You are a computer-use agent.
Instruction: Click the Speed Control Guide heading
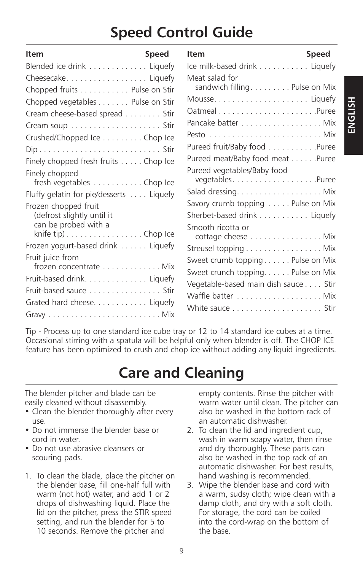pyautogui.click(x=181, y=33)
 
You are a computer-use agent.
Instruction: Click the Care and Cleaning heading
pyautogui.click(x=181, y=373)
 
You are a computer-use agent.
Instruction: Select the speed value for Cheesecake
pyautogui.click(x=162, y=78)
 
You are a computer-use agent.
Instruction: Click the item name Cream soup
pyautogui.click(x=46, y=126)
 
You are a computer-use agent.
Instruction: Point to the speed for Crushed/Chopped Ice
pyautogui.click(x=159, y=138)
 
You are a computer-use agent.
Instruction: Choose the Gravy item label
pyautogui.click(x=35, y=315)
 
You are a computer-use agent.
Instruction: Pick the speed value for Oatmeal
pyautogui.click(x=326, y=111)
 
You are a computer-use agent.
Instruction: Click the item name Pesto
pyautogui.click(x=196, y=135)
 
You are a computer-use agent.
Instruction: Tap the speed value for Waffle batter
pyautogui.click(x=329, y=296)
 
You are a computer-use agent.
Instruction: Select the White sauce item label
pyautogui.click(x=208, y=308)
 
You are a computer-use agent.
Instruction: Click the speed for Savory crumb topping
pyautogui.click(x=314, y=203)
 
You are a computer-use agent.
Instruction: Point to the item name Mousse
pyautogui.click(x=200, y=99)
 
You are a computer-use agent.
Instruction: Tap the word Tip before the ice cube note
pyautogui.click(x=31, y=331)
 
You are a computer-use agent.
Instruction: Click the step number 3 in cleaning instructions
pyautogui.click(x=190, y=485)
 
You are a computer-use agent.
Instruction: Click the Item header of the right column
pyautogui.click(x=196, y=54)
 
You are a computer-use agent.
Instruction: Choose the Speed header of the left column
pyautogui.click(x=157, y=54)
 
